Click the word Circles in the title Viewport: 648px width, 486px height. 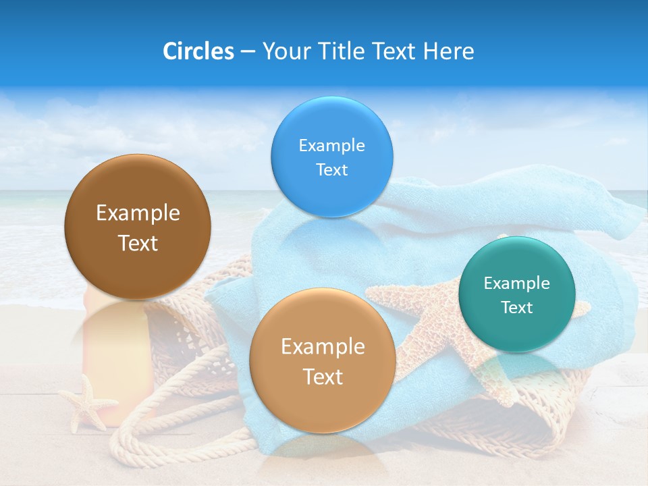198,51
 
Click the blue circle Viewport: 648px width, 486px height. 331,157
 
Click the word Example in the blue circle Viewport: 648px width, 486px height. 331,146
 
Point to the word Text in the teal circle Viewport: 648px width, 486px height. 517,308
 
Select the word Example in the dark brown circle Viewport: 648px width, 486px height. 138,213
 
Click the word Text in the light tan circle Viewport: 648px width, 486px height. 323,377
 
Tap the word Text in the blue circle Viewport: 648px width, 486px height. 331,170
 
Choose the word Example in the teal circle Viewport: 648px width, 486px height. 517,283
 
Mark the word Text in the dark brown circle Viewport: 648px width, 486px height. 138,243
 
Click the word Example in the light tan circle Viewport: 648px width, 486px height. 323,347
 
